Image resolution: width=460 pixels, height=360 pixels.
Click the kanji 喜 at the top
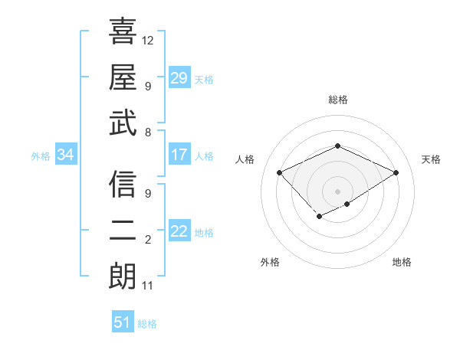(x=123, y=31)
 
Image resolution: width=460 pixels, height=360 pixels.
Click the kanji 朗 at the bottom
(x=123, y=277)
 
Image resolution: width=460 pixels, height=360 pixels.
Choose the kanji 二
(x=123, y=231)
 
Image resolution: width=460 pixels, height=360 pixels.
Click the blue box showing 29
(x=179, y=78)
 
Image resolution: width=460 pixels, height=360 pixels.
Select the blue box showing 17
(x=179, y=155)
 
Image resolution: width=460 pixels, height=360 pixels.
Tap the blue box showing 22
(x=179, y=232)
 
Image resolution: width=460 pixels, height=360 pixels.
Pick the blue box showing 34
(x=65, y=155)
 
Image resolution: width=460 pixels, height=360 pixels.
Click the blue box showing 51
(x=123, y=322)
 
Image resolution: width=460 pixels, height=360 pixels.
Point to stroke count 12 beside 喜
(x=148, y=40)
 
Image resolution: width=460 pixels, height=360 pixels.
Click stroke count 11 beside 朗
(x=148, y=286)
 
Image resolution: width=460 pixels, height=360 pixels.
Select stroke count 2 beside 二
(x=148, y=241)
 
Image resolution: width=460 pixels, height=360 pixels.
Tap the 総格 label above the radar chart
(x=338, y=100)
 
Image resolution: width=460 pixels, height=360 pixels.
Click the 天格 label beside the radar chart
(x=431, y=159)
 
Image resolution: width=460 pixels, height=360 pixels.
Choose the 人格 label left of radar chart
(x=245, y=159)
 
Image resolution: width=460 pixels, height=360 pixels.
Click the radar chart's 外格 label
(x=269, y=262)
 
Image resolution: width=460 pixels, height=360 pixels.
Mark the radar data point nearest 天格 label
(x=396, y=173)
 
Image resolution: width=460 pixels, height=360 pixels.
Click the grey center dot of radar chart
(x=337, y=190)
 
